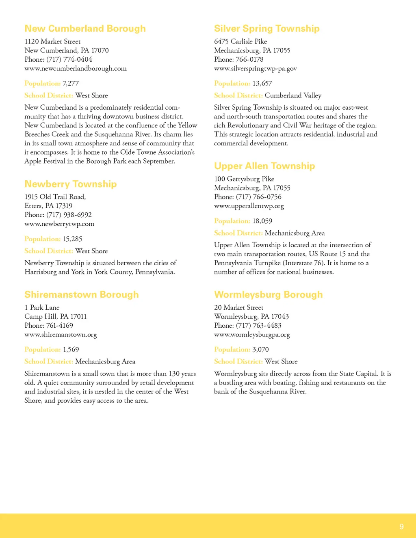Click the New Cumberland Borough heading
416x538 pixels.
[x=85, y=28]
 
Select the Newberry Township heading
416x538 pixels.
[x=70, y=184]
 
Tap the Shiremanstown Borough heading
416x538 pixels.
[x=81, y=294]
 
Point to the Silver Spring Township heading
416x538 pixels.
[x=266, y=28]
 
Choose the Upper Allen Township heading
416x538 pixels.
[x=264, y=166]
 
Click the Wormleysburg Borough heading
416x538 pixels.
[x=268, y=294]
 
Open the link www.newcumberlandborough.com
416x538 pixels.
[x=76, y=68]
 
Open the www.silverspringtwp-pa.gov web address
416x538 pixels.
[x=255, y=68]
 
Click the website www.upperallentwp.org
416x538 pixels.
[x=249, y=206]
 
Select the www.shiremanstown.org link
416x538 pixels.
[x=61, y=335]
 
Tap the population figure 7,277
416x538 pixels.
[x=71, y=83]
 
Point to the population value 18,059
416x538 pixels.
[x=262, y=221]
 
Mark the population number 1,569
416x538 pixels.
[x=71, y=350]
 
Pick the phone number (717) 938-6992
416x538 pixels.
[x=69, y=215]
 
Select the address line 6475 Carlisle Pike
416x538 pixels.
[x=240, y=41]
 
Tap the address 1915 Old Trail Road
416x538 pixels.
[x=55, y=197]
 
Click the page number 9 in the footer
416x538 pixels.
[x=401, y=527]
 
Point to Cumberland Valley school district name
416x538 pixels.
[x=293, y=95]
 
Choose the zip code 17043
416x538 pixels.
[x=280, y=316]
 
